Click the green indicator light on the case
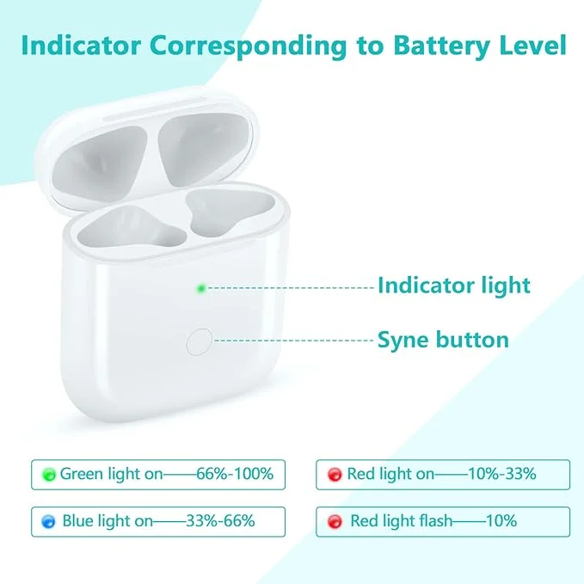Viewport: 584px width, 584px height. pyautogui.click(x=201, y=288)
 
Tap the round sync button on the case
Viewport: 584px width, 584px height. pyautogui.click(x=200, y=341)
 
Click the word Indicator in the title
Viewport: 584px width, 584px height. pyautogui.click(x=81, y=46)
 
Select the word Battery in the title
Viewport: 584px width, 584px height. pyautogui.click(x=441, y=46)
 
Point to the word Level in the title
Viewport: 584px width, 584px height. pyautogui.click(x=532, y=45)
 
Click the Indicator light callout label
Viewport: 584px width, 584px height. pyautogui.click(x=454, y=286)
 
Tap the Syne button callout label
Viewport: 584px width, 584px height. pyautogui.click(x=443, y=340)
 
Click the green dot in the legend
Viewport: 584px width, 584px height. pyautogui.click(x=49, y=475)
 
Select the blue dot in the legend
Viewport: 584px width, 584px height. pyautogui.click(x=48, y=521)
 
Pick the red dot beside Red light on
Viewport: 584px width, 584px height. pyautogui.click(x=335, y=475)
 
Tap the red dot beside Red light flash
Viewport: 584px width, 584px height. pyautogui.click(x=335, y=521)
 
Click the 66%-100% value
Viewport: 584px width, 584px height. pyautogui.click(x=235, y=474)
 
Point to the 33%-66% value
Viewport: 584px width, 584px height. pyautogui.click(x=220, y=520)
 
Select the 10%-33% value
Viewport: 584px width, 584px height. pyautogui.click(x=502, y=474)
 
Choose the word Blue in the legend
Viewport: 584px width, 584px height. pyautogui.click(x=77, y=520)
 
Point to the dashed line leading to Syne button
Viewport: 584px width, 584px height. pyautogui.click(x=294, y=341)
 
